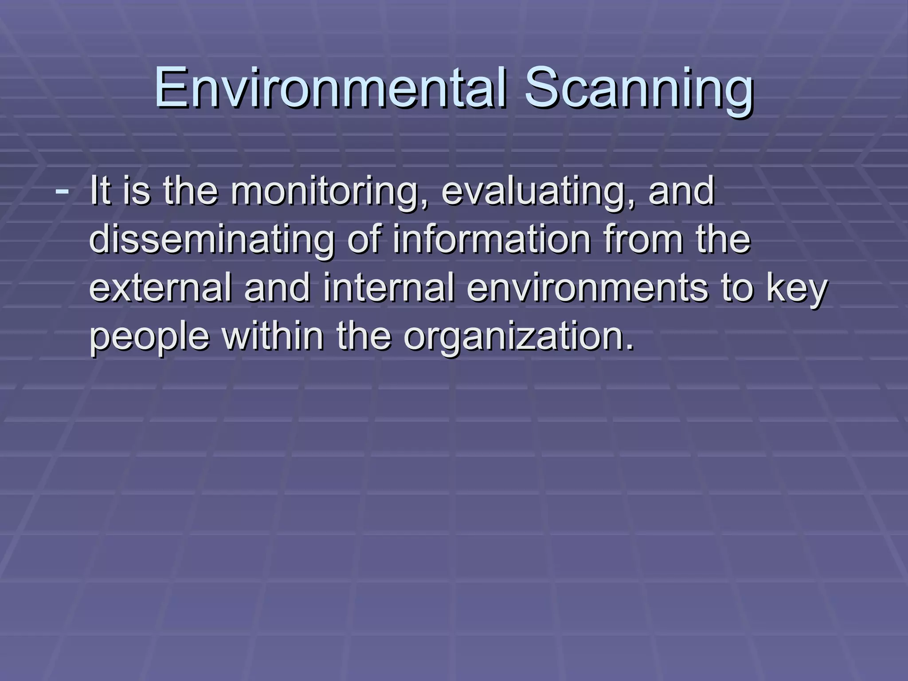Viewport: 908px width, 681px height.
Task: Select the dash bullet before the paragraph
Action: tap(62, 191)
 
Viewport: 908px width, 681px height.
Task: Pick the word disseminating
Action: tap(212, 240)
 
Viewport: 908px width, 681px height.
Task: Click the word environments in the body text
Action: tap(587, 288)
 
